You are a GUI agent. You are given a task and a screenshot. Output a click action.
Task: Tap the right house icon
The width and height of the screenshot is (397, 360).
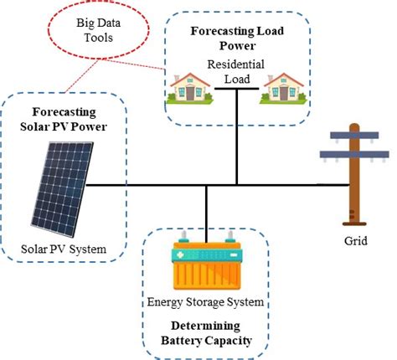(x=284, y=86)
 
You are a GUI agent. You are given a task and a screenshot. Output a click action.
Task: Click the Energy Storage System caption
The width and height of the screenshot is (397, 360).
(x=206, y=301)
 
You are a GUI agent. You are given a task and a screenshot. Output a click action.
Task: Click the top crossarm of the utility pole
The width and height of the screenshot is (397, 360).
(x=354, y=135)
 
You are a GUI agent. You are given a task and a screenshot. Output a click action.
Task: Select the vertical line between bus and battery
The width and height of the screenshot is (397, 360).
(x=205, y=209)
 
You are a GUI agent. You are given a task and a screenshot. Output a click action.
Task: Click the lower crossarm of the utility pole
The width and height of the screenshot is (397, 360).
(x=354, y=154)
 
